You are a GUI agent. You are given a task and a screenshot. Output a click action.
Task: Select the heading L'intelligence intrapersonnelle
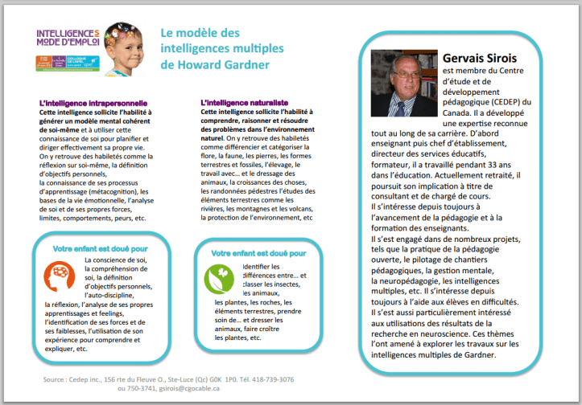(93, 104)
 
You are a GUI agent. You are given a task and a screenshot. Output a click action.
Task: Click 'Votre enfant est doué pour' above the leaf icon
(258, 253)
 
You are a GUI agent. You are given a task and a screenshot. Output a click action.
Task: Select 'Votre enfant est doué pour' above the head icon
(101, 248)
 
